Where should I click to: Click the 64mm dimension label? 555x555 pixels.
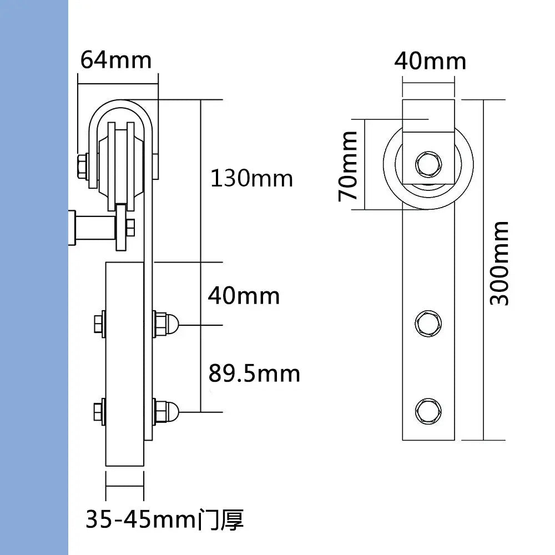click(x=115, y=59)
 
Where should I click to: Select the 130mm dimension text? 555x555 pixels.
click(x=251, y=179)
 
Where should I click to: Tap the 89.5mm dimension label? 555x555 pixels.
click(x=254, y=373)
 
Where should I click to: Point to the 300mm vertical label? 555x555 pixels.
click(x=500, y=263)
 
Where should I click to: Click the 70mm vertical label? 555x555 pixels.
click(x=349, y=166)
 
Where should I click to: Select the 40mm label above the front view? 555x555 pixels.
click(x=430, y=60)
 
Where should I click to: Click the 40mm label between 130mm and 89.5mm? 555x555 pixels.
click(x=244, y=296)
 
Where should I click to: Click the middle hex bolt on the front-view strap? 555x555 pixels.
click(x=428, y=323)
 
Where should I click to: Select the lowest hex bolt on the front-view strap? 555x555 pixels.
click(x=428, y=410)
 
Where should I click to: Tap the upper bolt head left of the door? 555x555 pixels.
click(x=99, y=324)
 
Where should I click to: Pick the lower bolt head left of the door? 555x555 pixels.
click(x=99, y=411)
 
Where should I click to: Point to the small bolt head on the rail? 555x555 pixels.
click(x=130, y=227)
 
